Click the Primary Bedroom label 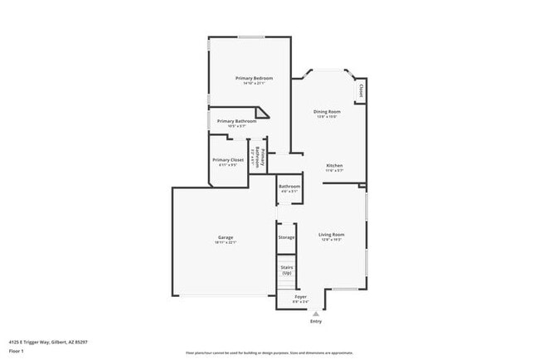click(254, 78)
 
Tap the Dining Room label click(327, 111)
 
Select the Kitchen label click(334, 165)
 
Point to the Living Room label click(332, 234)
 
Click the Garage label click(226, 237)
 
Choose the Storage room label click(286, 237)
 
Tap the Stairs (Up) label click(286, 270)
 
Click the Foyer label click(301, 296)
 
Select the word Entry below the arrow click(315, 321)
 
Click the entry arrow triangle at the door click(315, 313)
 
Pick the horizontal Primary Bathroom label click(236, 121)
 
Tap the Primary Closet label click(228, 159)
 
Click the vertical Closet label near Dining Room click(361, 89)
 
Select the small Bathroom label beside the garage click(289, 187)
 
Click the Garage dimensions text click(226, 243)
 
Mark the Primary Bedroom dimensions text click(254, 84)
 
